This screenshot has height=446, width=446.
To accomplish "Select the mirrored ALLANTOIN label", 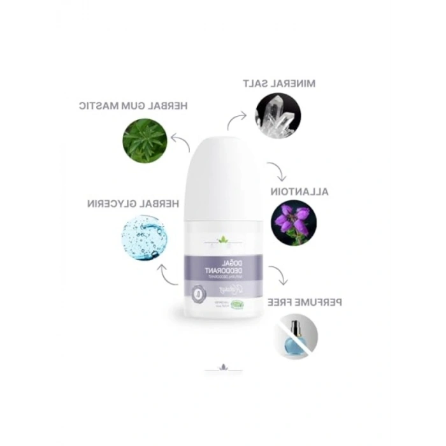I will click(299, 191).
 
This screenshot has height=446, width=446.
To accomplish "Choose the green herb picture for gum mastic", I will click(145, 141).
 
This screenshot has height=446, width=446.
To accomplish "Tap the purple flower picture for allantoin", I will click(292, 223).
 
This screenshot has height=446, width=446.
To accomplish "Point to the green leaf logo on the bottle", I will click(224, 240).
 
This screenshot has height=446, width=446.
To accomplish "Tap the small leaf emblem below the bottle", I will click(222, 368).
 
